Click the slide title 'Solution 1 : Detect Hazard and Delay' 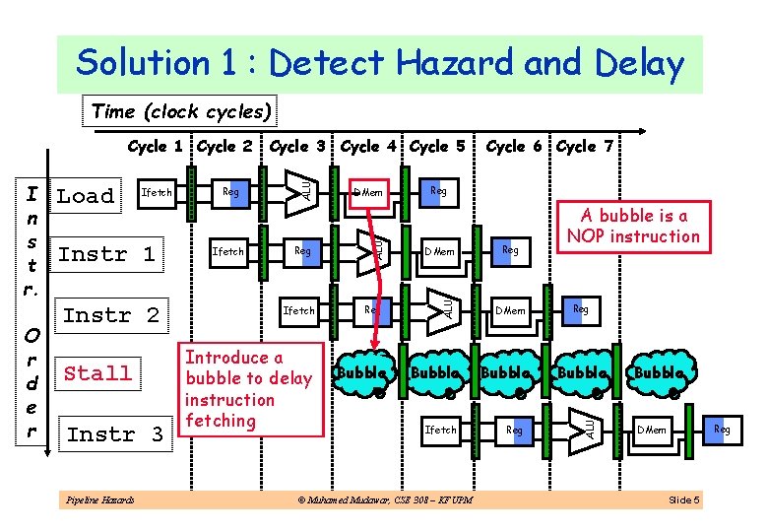click(x=379, y=64)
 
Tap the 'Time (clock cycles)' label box click(x=181, y=111)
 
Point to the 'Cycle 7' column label click(x=585, y=147)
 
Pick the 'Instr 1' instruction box click(x=106, y=254)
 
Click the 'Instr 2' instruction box click(x=110, y=315)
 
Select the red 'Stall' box click(x=97, y=373)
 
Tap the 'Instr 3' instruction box click(x=114, y=433)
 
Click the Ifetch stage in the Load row click(x=158, y=192)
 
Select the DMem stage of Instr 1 click(x=440, y=251)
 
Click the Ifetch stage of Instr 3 click(x=440, y=430)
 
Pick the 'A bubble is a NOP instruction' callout click(x=633, y=226)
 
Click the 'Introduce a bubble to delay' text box click(x=248, y=389)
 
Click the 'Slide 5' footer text click(x=683, y=500)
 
